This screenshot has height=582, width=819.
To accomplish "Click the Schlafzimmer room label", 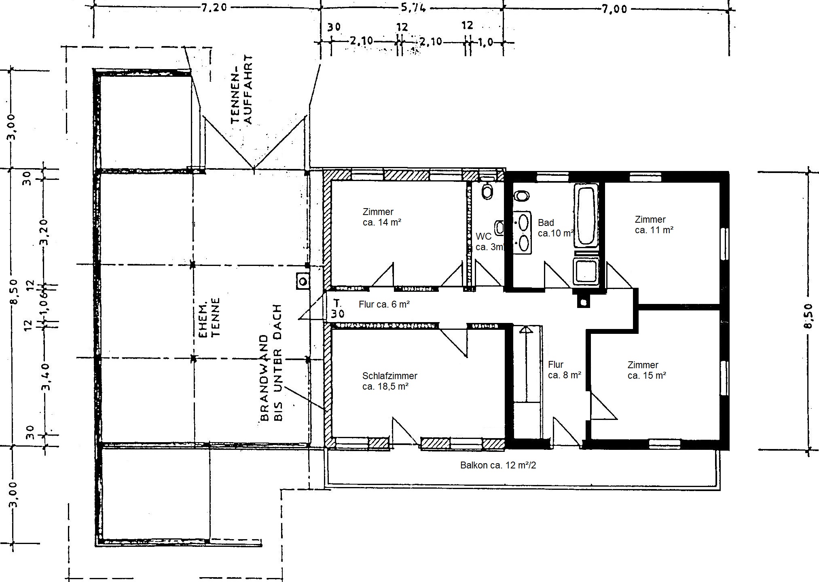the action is click(x=389, y=381).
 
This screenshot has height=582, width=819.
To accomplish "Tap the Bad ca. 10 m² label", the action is click(x=555, y=228).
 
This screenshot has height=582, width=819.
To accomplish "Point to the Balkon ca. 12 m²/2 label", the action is click(x=498, y=465).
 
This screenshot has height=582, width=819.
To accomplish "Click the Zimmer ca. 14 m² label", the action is click(x=382, y=217).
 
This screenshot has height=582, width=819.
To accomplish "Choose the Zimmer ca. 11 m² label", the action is click(x=654, y=225).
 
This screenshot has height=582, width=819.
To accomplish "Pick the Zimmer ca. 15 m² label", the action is click(x=647, y=370).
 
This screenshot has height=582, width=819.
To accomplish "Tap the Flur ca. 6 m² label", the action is click(x=384, y=305).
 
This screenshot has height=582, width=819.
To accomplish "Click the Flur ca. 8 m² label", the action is click(x=564, y=370).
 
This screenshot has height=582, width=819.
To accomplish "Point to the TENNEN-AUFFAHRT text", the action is click(x=242, y=89).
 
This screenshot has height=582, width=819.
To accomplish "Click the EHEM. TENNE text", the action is click(x=209, y=317).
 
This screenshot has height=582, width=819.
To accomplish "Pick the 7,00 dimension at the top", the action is click(x=614, y=8).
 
